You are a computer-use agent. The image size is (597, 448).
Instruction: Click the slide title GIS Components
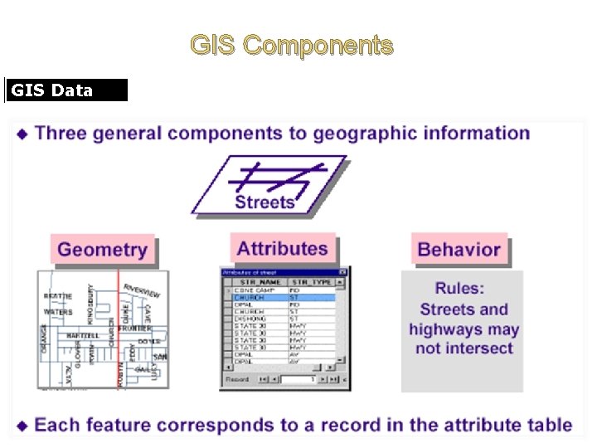tap(292, 45)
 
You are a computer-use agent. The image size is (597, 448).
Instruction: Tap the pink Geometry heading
tap(102, 250)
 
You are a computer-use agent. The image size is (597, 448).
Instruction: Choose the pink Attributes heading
tap(282, 248)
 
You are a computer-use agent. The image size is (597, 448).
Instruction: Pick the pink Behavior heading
tap(459, 249)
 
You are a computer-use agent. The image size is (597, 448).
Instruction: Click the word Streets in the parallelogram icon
tap(265, 202)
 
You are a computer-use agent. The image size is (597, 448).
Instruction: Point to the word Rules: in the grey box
tap(460, 289)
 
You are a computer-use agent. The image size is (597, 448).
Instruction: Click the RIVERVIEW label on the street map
tap(142, 291)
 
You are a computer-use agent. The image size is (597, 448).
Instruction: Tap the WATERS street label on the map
tap(58, 312)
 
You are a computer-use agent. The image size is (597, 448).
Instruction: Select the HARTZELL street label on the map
tap(83, 335)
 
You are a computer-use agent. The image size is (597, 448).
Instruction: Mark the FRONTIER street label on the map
tap(134, 329)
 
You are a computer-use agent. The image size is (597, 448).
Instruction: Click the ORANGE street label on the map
tap(44, 339)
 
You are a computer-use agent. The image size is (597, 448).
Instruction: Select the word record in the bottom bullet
tap(359, 426)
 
